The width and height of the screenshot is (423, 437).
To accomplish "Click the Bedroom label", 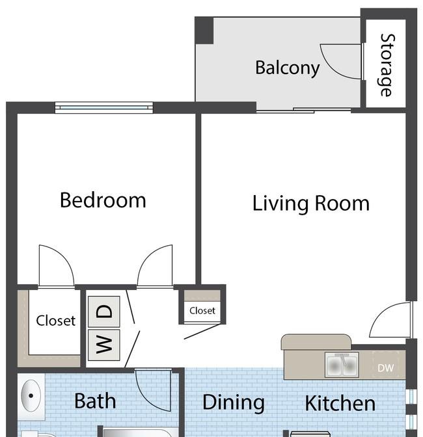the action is tap(103, 200).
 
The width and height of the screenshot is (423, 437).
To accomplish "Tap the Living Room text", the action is tap(311, 204).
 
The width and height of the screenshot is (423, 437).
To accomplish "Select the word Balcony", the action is tap(288, 68).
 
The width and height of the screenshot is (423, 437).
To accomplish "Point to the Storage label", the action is tap(387, 65).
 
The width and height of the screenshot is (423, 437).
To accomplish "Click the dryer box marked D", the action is tap(104, 311).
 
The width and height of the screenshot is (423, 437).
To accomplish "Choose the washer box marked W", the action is tap(104, 345).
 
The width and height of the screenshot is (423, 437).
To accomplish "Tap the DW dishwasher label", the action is tap(386, 368).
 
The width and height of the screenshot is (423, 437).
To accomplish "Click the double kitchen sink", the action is tap(342, 365).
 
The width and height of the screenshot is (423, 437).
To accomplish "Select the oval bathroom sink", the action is tap(31, 395).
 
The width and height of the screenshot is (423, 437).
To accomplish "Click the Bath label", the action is tap(95, 401).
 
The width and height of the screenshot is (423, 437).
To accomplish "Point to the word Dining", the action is tap(234, 403).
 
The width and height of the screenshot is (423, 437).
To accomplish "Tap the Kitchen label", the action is tap(340, 403).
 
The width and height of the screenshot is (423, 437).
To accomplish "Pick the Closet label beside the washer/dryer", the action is tap(56, 321).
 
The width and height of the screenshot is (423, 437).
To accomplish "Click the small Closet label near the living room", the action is tap(202, 310).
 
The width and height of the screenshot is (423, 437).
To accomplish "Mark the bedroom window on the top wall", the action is tap(104, 107).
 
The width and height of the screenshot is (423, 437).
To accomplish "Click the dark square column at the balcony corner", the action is tap(204, 31).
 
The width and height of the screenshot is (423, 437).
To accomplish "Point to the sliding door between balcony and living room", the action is tap(304, 111).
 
